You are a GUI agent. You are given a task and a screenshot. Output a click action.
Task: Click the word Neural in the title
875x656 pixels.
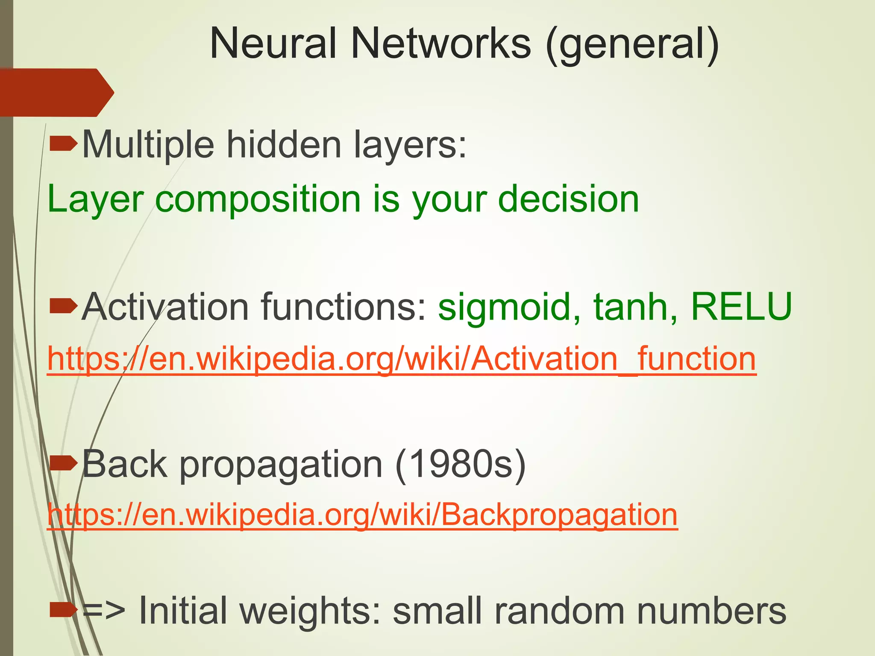pyautogui.click(x=274, y=44)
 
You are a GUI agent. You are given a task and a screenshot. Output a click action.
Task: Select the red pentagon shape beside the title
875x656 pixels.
pyautogui.click(x=56, y=92)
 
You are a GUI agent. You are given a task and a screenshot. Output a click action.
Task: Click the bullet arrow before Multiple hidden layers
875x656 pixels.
pyautogui.click(x=64, y=145)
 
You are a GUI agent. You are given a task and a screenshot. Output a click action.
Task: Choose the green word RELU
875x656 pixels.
pyautogui.click(x=741, y=306)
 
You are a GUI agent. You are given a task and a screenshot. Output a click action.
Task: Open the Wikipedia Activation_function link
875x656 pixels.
pyautogui.click(x=401, y=359)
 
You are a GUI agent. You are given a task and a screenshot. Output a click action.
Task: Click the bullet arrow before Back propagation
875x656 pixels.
pyautogui.click(x=64, y=463)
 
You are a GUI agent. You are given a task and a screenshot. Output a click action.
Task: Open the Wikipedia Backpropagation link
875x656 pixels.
pyautogui.click(x=362, y=515)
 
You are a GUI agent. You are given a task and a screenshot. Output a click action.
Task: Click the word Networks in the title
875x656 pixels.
pyautogui.click(x=440, y=44)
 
